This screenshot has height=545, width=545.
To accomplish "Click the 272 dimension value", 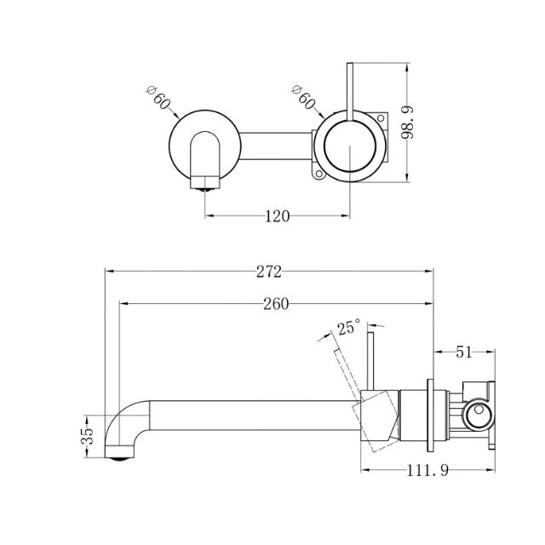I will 268,272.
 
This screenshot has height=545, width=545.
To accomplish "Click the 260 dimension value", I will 276,304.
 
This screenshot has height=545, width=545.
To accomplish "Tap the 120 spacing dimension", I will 278,216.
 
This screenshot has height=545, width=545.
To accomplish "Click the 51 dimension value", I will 465,351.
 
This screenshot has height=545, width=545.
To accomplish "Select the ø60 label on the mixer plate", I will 303,99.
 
